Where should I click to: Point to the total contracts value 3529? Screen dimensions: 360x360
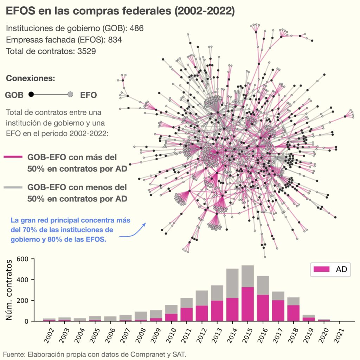pos(86,51)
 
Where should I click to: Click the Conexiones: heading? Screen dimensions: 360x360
pos(31,78)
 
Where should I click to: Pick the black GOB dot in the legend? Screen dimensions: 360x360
pos(31,94)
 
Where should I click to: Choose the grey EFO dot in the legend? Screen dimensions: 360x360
pos(70,94)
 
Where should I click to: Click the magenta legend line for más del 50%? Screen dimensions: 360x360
pos(13,157)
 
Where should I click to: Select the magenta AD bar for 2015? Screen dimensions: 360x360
pos(247,303)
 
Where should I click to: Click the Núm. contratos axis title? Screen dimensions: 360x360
pos(11,290)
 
